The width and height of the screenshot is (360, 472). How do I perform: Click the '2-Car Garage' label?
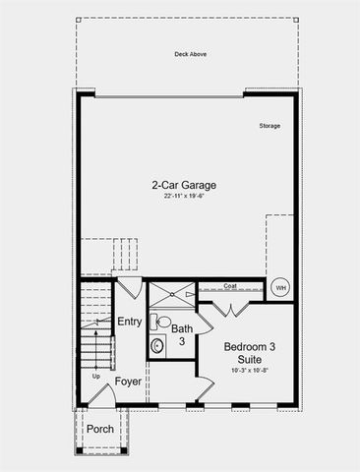pos(184,185)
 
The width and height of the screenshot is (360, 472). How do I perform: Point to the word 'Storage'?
pos(270,126)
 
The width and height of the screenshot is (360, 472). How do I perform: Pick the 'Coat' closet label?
pos(230,287)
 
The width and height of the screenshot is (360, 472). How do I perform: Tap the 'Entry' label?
pos(129,322)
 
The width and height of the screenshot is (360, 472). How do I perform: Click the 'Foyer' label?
pos(129,381)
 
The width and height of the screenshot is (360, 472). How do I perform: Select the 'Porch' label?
pos(99,430)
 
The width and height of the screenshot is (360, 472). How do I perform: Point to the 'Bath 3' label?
pos(182,335)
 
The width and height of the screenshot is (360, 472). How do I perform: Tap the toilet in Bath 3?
pos(162,322)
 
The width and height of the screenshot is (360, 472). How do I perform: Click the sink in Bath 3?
pos(156,346)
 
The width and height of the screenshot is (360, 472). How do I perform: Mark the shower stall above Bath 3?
pos(171,292)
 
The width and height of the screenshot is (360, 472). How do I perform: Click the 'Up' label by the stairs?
pos(95,377)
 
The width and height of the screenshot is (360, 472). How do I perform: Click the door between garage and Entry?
pos(129,289)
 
